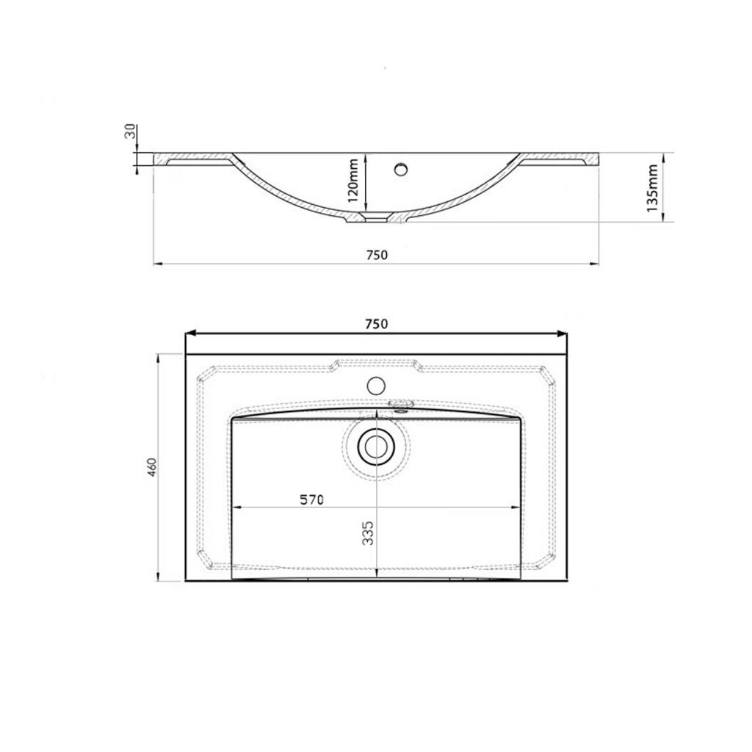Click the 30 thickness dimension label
(x=130, y=131)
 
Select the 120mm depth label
(x=353, y=181)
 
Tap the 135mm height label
(x=652, y=188)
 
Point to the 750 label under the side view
(x=377, y=255)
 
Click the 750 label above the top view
(x=377, y=324)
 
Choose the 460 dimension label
(x=152, y=467)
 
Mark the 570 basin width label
(x=311, y=499)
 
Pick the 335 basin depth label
(x=368, y=533)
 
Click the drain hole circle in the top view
(x=376, y=446)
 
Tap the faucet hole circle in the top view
(x=376, y=386)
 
